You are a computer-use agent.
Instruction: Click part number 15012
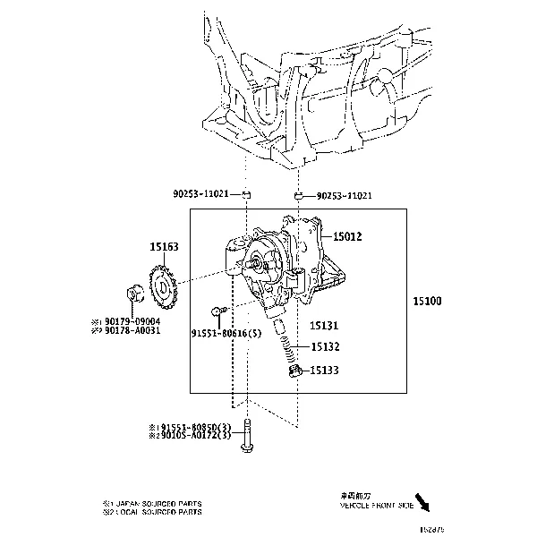coord(347,236)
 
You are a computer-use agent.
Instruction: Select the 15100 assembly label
coord(426,303)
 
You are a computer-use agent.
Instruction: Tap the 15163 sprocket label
coord(163,244)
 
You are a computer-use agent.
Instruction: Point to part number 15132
coord(325,346)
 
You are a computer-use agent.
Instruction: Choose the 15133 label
coord(325,370)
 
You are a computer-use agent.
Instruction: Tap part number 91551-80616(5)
coord(227,332)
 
